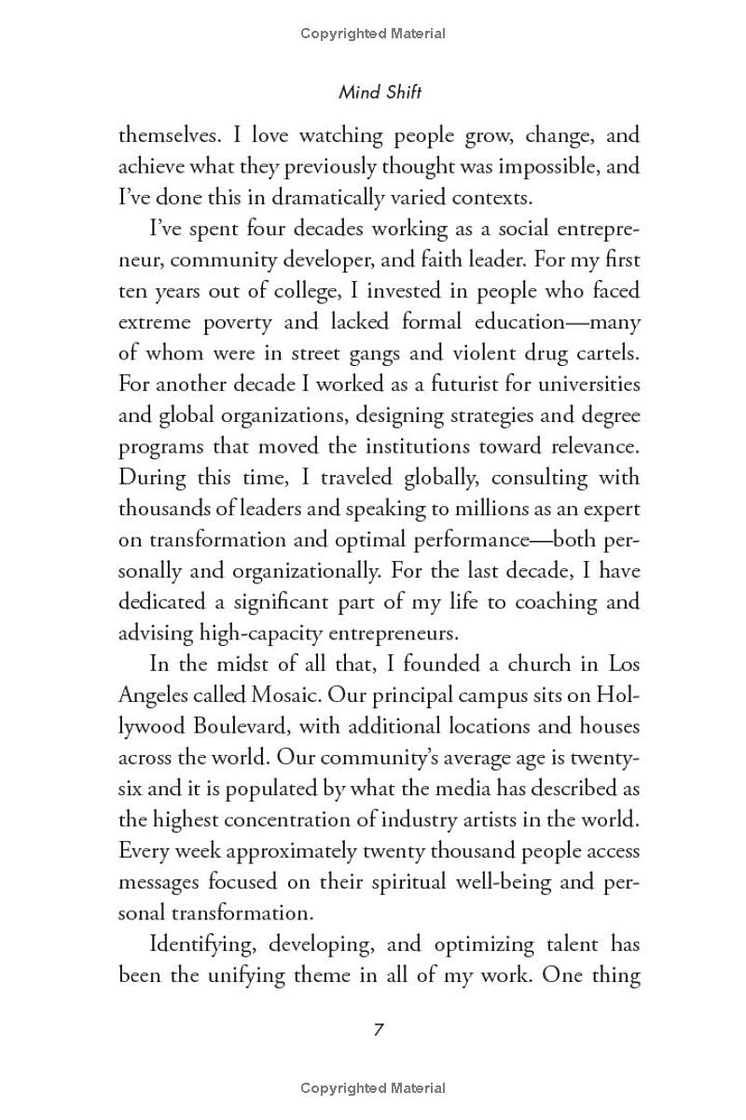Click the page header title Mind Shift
pos(380,92)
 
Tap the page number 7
pos(379,1029)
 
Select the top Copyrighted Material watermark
pos(373,34)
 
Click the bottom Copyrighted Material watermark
pos(373,1087)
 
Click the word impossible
pos(539,166)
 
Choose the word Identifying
pos(202,945)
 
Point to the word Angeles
pos(153,695)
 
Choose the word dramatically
pos(289,197)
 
